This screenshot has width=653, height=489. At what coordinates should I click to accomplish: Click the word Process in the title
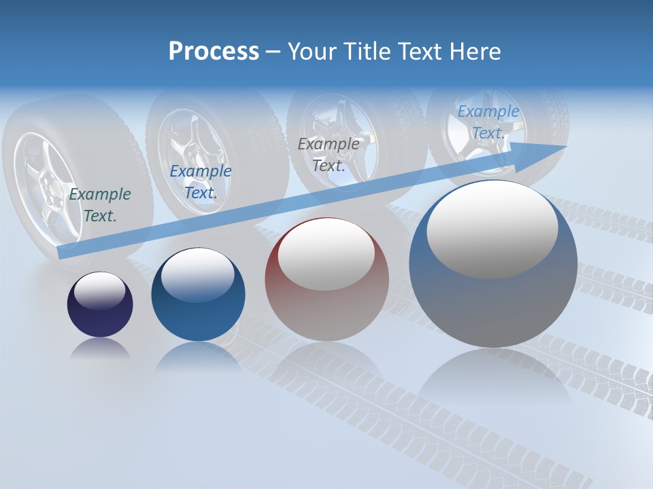click(214, 51)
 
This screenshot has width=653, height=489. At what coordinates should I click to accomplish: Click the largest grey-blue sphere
click(493, 265)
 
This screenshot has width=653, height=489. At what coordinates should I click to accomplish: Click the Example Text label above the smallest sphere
click(100, 205)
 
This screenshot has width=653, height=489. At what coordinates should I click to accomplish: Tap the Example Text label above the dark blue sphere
click(200, 182)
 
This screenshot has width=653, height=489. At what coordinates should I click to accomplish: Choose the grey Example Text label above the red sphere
click(329, 155)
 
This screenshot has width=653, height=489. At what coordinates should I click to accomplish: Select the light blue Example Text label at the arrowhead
click(488, 122)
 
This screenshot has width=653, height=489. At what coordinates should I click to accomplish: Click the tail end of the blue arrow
click(61, 253)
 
